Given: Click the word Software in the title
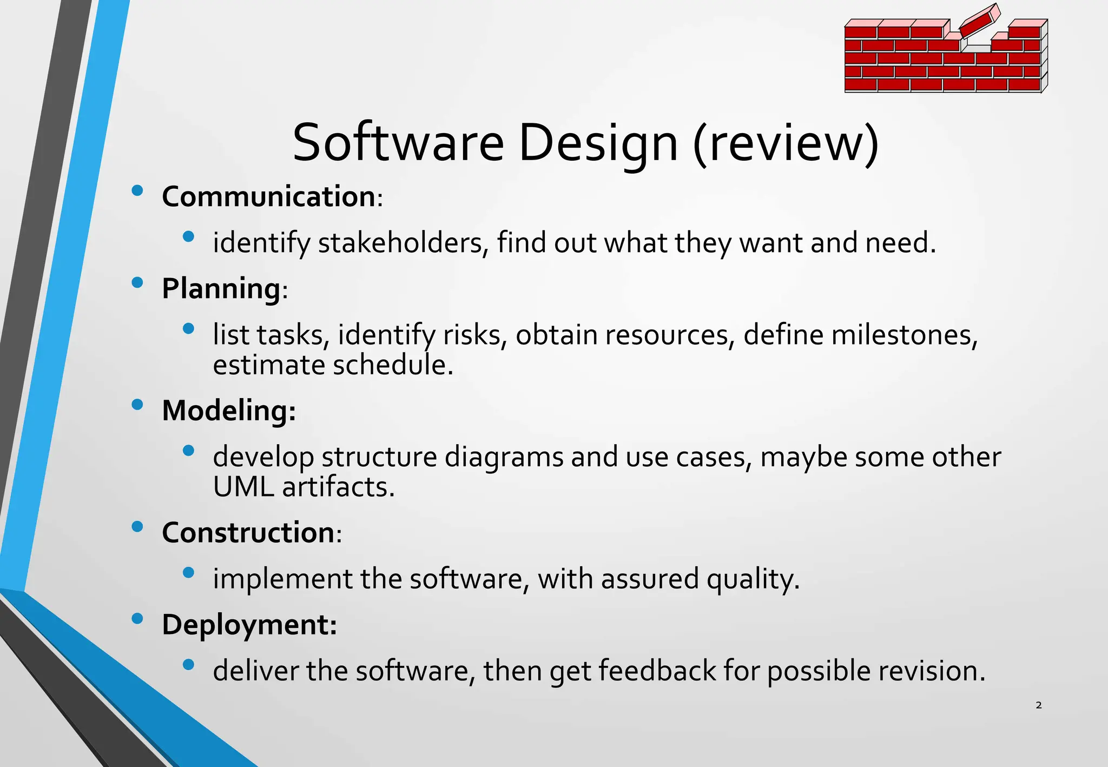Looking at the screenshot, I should (x=398, y=143).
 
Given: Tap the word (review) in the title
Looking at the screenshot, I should (x=786, y=143).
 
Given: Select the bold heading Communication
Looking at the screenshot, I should (x=269, y=196).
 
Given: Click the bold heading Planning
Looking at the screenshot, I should (x=221, y=288).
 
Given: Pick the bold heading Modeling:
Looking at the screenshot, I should (x=229, y=410).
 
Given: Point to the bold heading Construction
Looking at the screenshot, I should (x=248, y=532).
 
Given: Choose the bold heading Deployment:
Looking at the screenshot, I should (x=249, y=624).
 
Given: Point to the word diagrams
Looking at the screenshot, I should (x=504, y=457).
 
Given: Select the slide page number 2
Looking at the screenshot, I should (x=1038, y=705).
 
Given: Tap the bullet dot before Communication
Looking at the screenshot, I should (x=137, y=190).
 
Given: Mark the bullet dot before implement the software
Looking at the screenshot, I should (x=188, y=573).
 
